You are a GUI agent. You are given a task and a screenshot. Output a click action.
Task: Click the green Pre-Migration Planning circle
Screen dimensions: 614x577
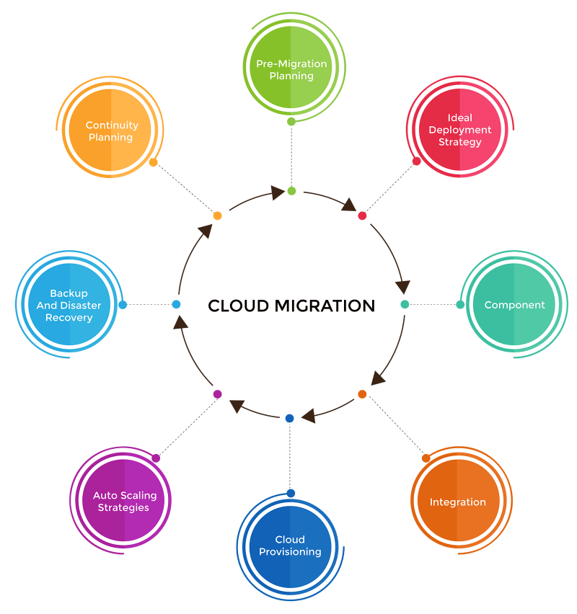pos(291,70)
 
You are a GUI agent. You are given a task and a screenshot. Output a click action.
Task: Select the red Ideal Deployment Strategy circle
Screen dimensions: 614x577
pos(459,130)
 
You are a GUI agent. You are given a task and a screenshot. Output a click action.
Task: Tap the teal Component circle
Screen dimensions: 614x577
pos(514,305)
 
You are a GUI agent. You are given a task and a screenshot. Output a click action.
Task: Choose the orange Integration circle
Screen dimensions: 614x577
pos(457,502)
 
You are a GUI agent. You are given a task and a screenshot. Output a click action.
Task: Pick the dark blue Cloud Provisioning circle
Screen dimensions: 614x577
pos(290,546)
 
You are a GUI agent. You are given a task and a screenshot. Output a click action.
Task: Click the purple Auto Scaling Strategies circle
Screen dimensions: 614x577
pos(124,502)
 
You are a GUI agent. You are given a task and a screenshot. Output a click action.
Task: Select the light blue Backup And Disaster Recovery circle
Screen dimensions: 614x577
pos(69,306)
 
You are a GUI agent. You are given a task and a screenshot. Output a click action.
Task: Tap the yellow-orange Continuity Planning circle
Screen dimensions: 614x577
pos(111,131)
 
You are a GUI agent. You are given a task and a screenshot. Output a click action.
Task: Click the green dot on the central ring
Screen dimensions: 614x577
pos(291,191)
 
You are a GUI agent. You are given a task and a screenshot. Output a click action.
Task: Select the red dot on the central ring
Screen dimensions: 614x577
pos(362,216)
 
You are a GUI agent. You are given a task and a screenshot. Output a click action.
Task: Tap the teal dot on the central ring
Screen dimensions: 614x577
pos(405,305)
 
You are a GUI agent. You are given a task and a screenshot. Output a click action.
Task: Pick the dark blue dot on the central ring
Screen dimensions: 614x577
pos(290,418)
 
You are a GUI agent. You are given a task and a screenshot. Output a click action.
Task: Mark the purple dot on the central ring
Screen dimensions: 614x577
pos(217,394)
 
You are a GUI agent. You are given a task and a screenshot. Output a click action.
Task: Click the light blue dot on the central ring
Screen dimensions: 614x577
pos(176,305)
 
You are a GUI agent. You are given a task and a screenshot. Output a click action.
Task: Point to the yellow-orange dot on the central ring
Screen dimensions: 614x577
pos(217,216)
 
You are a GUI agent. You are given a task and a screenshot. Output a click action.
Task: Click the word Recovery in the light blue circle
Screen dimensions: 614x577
pos(69,318)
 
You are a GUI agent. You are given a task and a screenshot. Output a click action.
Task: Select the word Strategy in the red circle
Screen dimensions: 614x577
pos(459,142)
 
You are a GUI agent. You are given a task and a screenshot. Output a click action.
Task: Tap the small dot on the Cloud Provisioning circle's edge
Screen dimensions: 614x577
pos(291,493)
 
